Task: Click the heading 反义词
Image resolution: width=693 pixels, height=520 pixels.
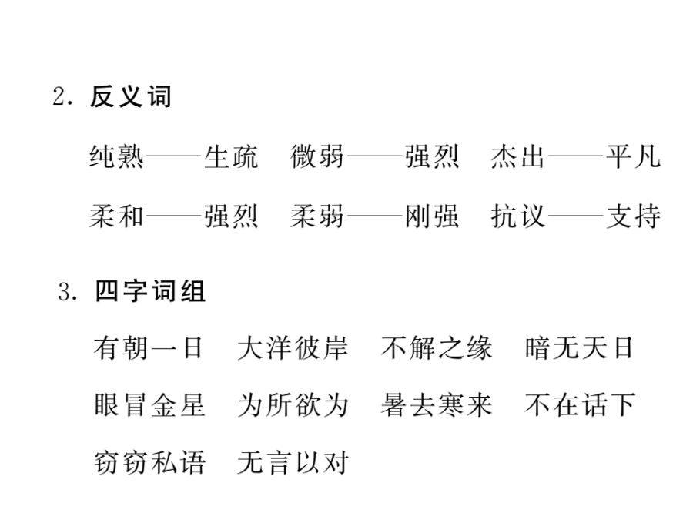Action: coord(130,96)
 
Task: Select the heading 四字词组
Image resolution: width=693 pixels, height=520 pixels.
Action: coord(150,291)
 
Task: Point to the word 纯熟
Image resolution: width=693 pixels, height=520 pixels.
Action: coord(116,156)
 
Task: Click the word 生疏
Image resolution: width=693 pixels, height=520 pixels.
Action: coord(231,156)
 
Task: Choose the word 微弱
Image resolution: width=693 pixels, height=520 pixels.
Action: coord(317,156)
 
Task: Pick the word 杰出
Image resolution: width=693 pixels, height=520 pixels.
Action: coord(517,156)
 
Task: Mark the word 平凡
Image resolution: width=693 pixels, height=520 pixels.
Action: coord(633,156)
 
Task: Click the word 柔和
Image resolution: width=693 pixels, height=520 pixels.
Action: coord(116,216)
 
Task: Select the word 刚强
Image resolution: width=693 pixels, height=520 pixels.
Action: coord(432,216)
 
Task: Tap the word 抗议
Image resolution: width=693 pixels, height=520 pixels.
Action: coord(517,216)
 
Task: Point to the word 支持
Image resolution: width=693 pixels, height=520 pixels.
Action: coord(633,216)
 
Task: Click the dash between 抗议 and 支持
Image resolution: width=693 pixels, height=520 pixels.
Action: coord(575,216)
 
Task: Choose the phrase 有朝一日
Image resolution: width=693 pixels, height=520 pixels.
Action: coord(149,348)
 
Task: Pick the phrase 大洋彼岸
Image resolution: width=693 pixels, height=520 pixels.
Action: coord(293,348)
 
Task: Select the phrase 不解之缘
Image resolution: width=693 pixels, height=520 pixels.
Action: coord(437,348)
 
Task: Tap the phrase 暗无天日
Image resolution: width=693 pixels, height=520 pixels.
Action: coord(580,348)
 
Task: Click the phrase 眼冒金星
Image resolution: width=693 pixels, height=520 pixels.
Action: coord(149,405)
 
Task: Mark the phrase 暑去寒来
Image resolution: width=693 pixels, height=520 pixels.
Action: coord(437,405)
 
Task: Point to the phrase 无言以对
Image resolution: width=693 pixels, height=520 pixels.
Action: coord(293,462)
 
